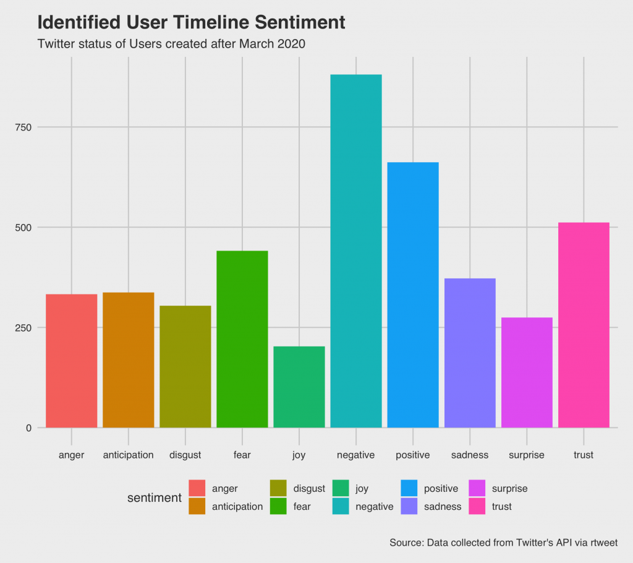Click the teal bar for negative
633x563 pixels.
[356, 251]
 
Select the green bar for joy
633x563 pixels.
[299, 387]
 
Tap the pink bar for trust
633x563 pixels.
[584, 325]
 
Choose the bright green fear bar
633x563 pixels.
[242, 339]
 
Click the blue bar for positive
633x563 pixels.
[413, 294]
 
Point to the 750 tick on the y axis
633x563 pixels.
[25, 127]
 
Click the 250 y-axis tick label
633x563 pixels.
[25, 327]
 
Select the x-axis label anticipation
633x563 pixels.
[128, 455]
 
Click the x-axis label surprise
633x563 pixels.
[527, 455]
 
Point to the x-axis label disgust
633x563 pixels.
[185, 455]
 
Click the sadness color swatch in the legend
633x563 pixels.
[409, 506]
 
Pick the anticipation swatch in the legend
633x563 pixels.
[197, 506]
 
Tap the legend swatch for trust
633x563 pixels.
[477, 506]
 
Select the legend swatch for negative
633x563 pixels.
[341, 506]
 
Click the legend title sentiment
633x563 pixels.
[154, 497]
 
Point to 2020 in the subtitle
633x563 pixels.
[292, 44]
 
